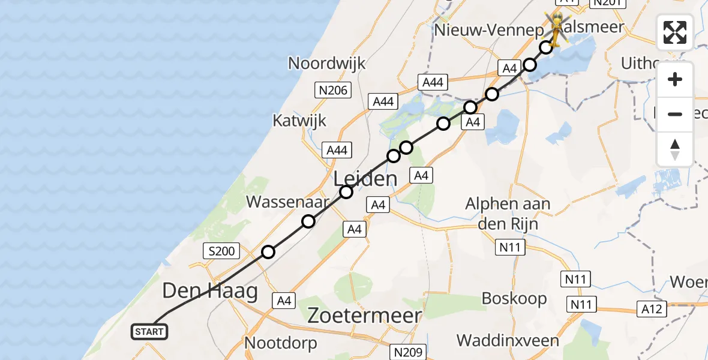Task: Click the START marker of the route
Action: (x=149, y=332)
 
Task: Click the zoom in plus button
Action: (x=675, y=80)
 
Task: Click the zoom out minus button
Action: (x=675, y=114)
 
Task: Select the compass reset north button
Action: (x=675, y=149)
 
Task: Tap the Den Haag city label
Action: (x=210, y=292)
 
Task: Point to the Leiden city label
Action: (x=365, y=178)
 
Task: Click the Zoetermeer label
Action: (x=365, y=316)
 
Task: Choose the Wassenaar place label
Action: (x=287, y=202)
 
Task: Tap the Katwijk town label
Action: (x=299, y=120)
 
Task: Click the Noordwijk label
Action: (x=327, y=63)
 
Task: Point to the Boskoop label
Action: (x=514, y=298)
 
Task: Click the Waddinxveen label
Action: (x=508, y=341)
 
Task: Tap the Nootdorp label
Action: (x=280, y=343)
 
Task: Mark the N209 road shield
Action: (x=409, y=352)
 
